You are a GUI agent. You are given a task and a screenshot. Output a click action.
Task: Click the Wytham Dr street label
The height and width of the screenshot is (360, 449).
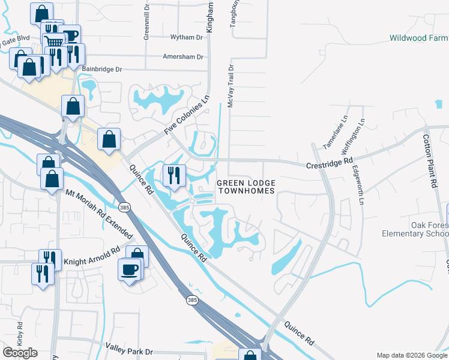pyautogui.click(x=187, y=37)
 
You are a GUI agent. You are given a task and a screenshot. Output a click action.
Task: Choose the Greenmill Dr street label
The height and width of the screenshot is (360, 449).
pyautogui.click(x=146, y=25)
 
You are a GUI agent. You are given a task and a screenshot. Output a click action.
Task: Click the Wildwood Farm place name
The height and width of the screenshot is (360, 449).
pyautogui.click(x=419, y=38)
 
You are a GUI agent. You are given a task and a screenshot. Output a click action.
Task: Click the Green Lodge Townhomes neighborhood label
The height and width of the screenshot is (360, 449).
pyautogui.click(x=246, y=187)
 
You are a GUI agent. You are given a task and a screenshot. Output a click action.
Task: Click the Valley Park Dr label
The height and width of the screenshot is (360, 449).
pyautogui.click(x=129, y=347)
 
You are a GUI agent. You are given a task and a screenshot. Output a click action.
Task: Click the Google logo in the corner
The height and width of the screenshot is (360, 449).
pyautogui.click(x=20, y=352)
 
